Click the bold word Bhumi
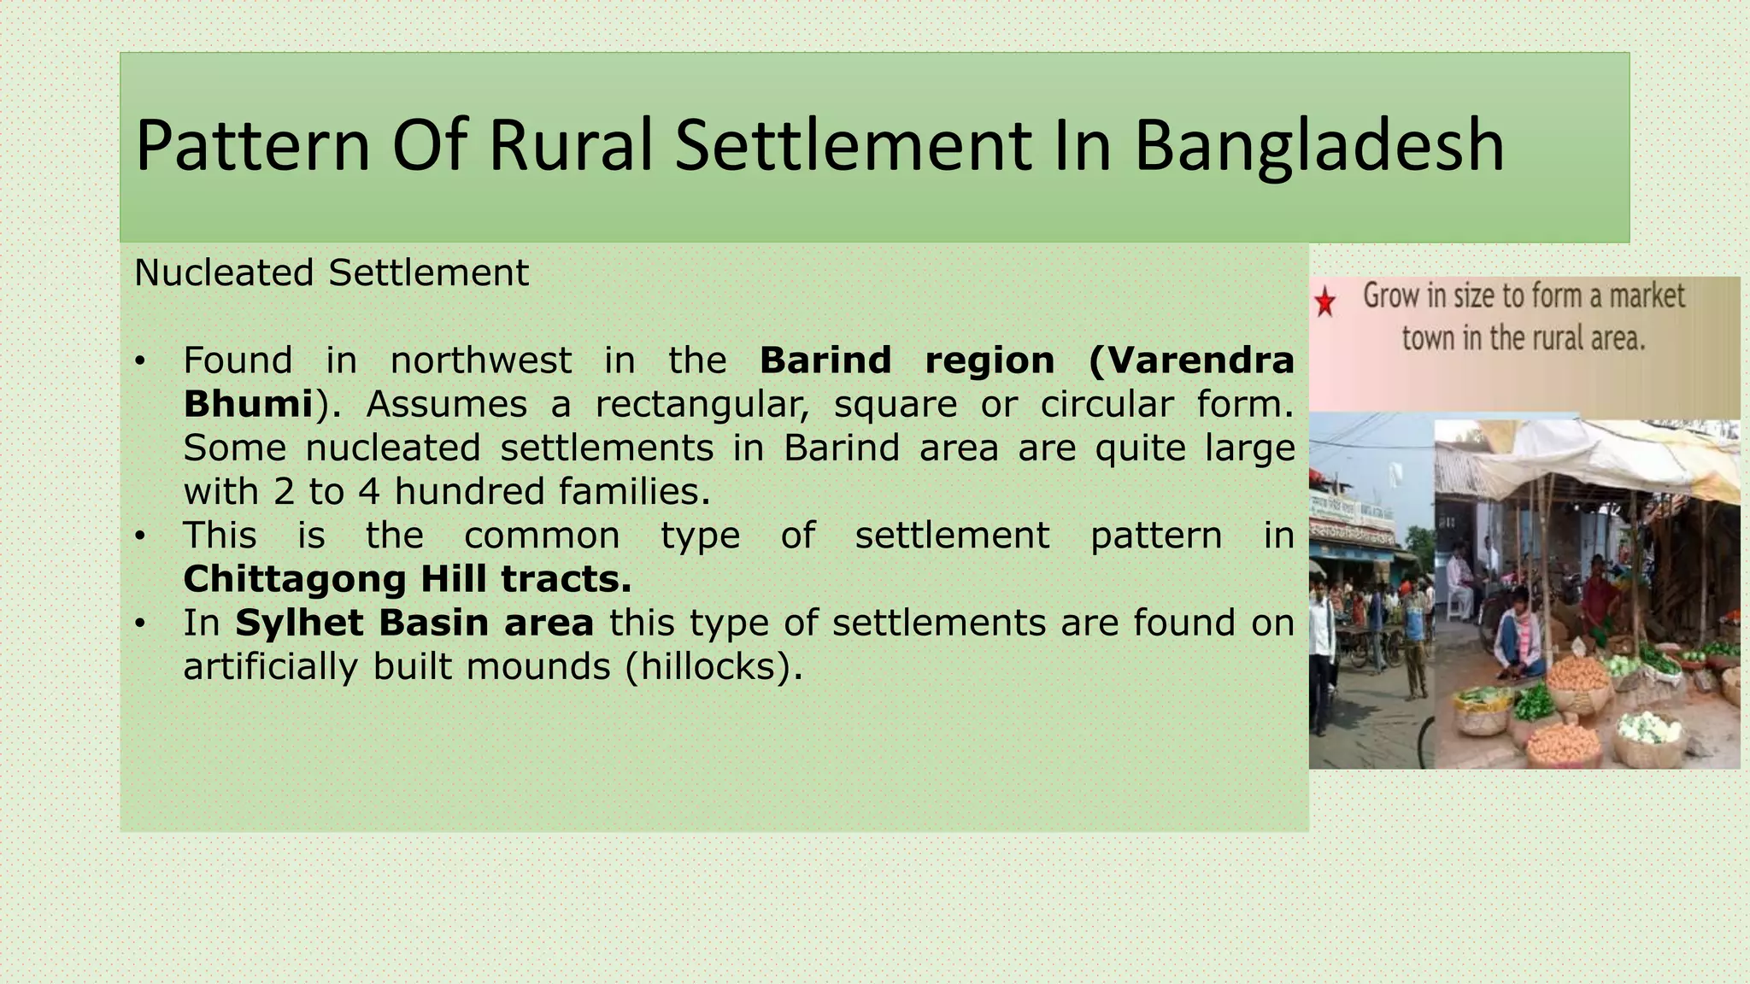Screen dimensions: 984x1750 pyautogui.click(x=248, y=404)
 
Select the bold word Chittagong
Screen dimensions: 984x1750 pyautogui.click(x=294, y=579)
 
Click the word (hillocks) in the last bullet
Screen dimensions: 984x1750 pyautogui.click(x=714, y=666)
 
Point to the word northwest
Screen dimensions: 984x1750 pyautogui.click(x=480, y=360)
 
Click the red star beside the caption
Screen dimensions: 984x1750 pyautogui.click(x=1325, y=302)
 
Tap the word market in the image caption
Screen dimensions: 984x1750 pyautogui.click(x=1647, y=296)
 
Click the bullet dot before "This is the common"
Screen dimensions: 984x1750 pyautogui.click(x=140, y=536)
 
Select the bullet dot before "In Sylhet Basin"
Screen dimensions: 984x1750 pyautogui.click(x=140, y=624)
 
